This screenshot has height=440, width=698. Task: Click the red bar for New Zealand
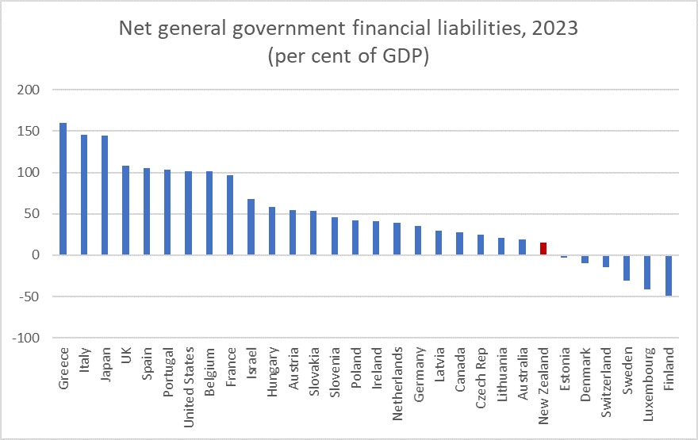pyautogui.click(x=543, y=249)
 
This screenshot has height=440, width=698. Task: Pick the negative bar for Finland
pyautogui.click(x=669, y=275)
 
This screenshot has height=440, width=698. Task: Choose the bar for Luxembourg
pyautogui.click(x=648, y=272)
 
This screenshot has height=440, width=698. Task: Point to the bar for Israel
pyautogui.click(x=251, y=227)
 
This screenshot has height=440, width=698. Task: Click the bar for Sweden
pyautogui.click(x=627, y=268)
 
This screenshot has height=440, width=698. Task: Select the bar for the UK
pyautogui.click(x=125, y=210)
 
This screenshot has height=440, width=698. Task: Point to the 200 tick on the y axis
pyautogui.click(x=28, y=90)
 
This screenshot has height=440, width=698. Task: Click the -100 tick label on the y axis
pyautogui.click(x=25, y=338)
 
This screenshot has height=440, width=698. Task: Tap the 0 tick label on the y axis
pyautogui.click(x=35, y=255)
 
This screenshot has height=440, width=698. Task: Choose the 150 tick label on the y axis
pyautogui.click(x=28, y=132)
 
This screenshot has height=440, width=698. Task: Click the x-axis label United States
pyautogui.click(x=188, y=376)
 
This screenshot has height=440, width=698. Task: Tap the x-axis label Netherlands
pyautogui.click(x=397, y=373)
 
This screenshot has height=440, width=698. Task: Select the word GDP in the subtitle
pyautogui.click(x=404, y=58)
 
